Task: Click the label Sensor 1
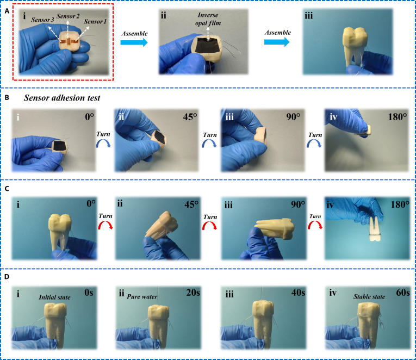pos(95,22)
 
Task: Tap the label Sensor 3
pos(43,20)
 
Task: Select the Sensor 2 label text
pos(68,16)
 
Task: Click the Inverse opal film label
pos(208,19)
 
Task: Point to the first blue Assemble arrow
pos(134,42)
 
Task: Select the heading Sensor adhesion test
pos(62,98)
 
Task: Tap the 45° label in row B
pos(190,117)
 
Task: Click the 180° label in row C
pos(400,204)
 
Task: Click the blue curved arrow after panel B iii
pos(314,144)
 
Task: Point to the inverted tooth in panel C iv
pos(375,228)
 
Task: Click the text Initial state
pos(55,297)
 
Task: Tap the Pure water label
pos(142,296)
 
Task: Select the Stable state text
pos(369,296)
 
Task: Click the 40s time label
pos(298,293)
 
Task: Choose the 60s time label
pos(403,293)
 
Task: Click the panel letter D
pos(7,277)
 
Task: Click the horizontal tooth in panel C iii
pos(275,229)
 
